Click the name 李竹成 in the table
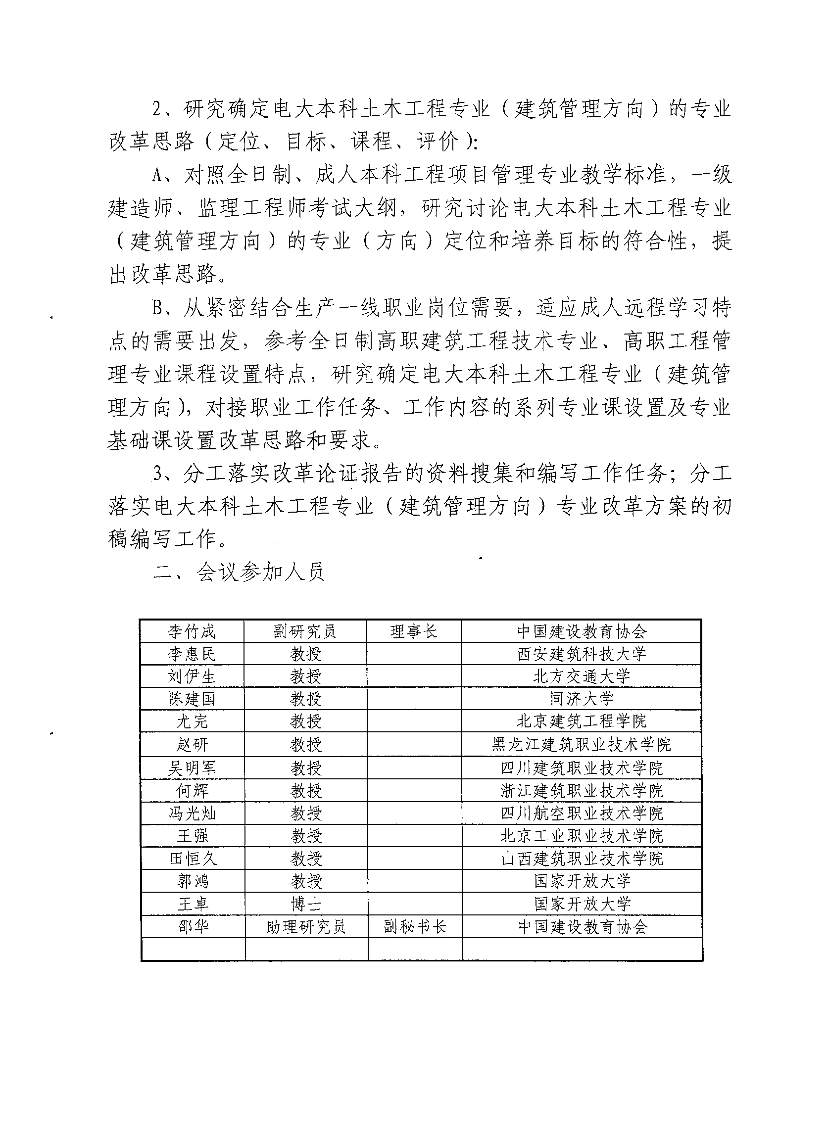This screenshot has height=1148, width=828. pyautogui.click(x=192, y=631)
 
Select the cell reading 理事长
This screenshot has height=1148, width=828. pyautogui.click(x=413, y=631)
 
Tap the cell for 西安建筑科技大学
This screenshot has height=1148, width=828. pyautogui.click(x=582, y=654)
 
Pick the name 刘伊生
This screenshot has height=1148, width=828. pyautogui.click(x=192, y=676)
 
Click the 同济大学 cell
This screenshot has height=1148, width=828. pyautogui.click(x=582, y=699)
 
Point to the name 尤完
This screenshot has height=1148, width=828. pyautogui.click(x=192, y=721)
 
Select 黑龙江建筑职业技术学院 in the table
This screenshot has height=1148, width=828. pyautogui.click(x=582, y=744)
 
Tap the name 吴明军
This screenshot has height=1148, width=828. pyautogui.click(x=192, y=768)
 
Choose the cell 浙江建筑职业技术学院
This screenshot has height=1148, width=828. pyautogui.click(x=582, y=790)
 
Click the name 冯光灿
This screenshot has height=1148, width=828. pyautogui.click(x=192, y=813)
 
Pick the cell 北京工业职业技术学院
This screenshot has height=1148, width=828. pyautogui.click(x=582, y=836)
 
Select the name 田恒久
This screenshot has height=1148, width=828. pyautogui.click(x=193, y=859)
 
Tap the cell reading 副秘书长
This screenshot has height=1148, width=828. pyautogui.click(x=415, y=926)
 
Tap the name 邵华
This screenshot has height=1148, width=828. pyautogui.click(x=193, y=926)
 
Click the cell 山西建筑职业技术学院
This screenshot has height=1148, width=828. pyautogui.click(x=582, y=859)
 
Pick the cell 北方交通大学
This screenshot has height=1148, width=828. pyautogui.click(x=582, y=676)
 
